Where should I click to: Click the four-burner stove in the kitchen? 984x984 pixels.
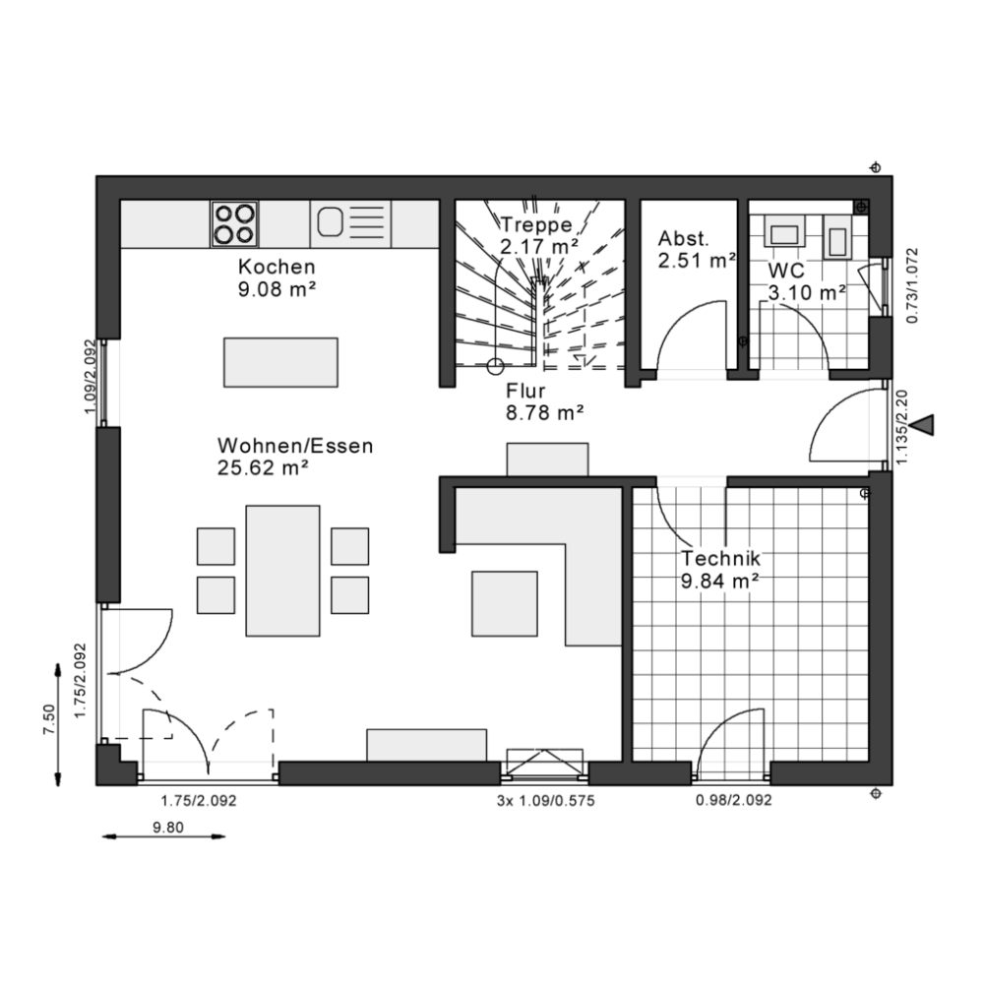coord(235,224)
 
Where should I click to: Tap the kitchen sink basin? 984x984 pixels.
coord(330,222)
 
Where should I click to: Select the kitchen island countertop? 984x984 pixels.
coord(280,362)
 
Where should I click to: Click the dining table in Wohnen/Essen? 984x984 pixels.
coord(282,571)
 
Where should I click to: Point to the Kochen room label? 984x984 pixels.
coord(277,267)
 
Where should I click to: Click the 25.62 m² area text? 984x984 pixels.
coord(263,468)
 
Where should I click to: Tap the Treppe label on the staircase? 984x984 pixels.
coord(536,224)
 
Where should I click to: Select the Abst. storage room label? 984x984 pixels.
coord(684,238)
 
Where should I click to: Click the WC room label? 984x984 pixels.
coord(786,271)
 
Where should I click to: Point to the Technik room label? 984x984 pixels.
coord(721,558)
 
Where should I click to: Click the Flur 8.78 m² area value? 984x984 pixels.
coord(545,413)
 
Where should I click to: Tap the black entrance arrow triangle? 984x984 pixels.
coord(924,425)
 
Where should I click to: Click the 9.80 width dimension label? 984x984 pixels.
coord(168,828)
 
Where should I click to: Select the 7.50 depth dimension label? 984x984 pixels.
coord(49,719)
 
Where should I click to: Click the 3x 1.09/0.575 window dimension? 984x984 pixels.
coord(545,801)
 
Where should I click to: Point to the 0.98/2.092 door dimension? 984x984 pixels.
coord(734,800)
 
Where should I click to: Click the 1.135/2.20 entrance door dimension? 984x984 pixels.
coord(901,427)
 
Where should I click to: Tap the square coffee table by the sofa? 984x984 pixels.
coord(505,603)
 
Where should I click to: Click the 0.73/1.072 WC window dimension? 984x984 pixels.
coord(912,285)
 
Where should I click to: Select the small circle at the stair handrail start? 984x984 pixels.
coord(495,366)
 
